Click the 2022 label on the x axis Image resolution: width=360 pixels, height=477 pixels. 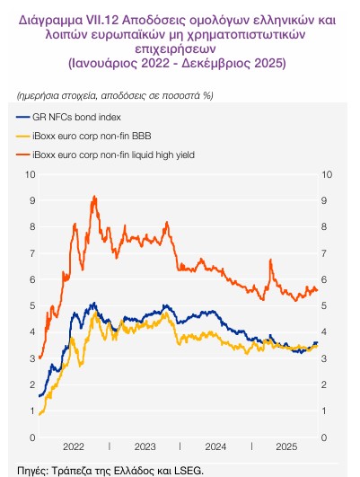[73, 446]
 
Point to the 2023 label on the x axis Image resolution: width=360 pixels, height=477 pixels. [145, 446]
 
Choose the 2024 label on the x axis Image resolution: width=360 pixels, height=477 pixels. [215, 446]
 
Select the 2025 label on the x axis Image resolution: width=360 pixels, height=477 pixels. [286, 446]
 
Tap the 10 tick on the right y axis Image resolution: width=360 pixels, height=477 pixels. [329, 174]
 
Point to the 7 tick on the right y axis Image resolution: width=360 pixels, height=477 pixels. [326, 253]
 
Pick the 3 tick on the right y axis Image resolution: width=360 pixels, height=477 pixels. [326, 359]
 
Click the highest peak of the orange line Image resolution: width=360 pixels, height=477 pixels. [93, 196]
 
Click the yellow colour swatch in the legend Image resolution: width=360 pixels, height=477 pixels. [24, 137]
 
